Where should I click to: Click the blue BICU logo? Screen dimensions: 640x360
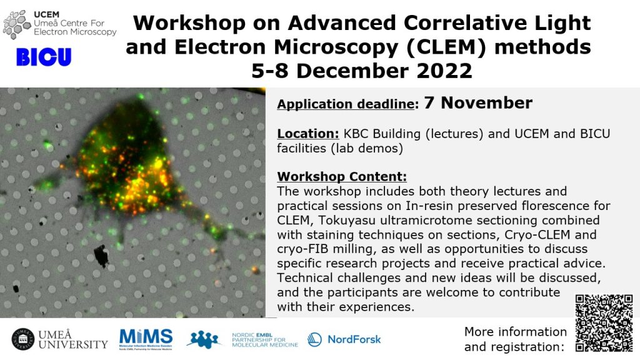coord(44,57)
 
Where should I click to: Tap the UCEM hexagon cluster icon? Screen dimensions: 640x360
coord(17,24)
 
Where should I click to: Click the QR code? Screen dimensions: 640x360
coord(604,323)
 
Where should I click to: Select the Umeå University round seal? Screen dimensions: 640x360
coord(23,339)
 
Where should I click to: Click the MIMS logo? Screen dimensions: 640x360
coord(146,339)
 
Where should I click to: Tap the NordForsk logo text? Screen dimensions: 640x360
coord(354,339)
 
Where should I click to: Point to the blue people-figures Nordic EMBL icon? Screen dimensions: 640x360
coord(204,339)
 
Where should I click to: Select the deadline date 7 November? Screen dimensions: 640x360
coord(478,103)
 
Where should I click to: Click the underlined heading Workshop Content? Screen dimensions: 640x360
coord(342,176)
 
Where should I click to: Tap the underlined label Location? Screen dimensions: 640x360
coord(308,134)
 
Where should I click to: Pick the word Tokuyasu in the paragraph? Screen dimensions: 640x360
coord(347,221)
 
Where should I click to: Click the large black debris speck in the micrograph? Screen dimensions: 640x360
coord(101,256)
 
